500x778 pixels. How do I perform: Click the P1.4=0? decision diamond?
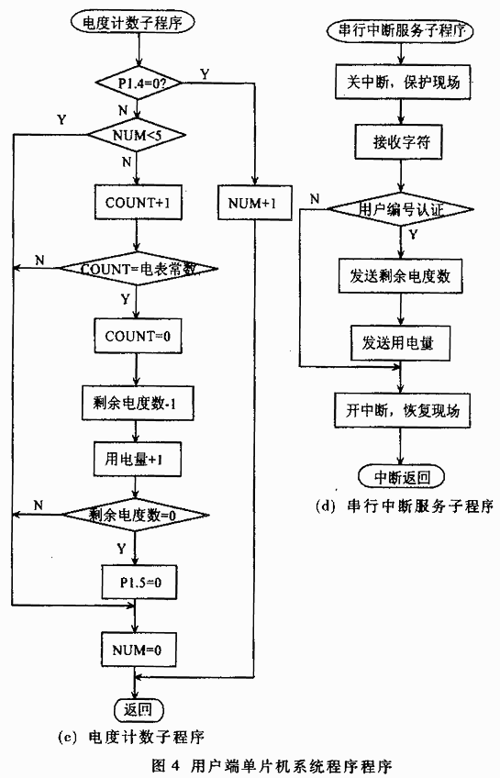pyautogui.click(x=139, y=83)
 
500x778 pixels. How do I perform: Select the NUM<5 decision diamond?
pyautogui.click(x=137, y=135)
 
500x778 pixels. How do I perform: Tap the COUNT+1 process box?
pyautogui.click(x=139, y=203)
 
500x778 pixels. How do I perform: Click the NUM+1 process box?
pyautogui.click(x=254, y=203)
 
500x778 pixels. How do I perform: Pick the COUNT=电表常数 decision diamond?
pyautogui.click(x=139, y=269)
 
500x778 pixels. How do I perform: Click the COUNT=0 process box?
pyautogui.click(x=138, y=336)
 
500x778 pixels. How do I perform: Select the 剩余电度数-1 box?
pyautogui.click(x=138, y=403)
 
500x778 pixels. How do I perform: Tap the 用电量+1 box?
pyautogui.click(x=137, y=459)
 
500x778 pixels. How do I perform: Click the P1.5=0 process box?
pyautogui.click(x=139, y=582)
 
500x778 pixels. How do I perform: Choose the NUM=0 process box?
pyautogui.click(x=139, y=650)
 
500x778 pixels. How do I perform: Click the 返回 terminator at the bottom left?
pyautogui.click(x=139, y=709)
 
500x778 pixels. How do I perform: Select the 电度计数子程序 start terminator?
pyautogui.click(x=132, y=22)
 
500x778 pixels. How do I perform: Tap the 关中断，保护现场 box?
pyautogui.click(x=403, y=82)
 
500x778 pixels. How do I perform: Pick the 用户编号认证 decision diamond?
pyautogui.click(x=401, y=209)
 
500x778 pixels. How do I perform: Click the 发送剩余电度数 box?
pyautogui.click(x=400, y=276)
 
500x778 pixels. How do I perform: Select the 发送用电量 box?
pyautogui.click(x=400, y=343)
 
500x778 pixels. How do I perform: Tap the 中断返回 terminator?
pyautogui.click(x=401, y=477)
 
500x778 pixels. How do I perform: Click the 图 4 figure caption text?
pyautogui.click(x=272, y=764)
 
